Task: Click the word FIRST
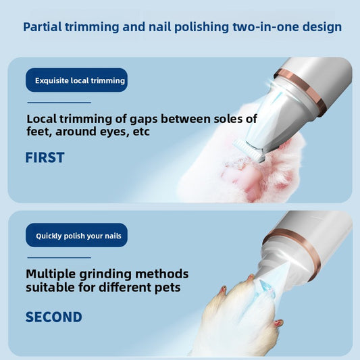pos(45,157)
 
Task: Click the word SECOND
pos(54,317)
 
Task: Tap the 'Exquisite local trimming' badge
pos(77,80)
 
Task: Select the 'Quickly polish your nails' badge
pos(77,235)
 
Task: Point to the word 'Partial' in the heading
pos(43,27)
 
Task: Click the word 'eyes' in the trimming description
pos(115,132)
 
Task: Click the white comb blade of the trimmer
pos(248,150)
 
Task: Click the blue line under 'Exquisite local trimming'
pos(59,103)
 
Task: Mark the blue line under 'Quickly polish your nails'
pos(59,257)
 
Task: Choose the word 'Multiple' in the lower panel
pos(51,274)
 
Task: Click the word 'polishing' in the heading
pos(201,27)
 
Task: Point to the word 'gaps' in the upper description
pos(144,120)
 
